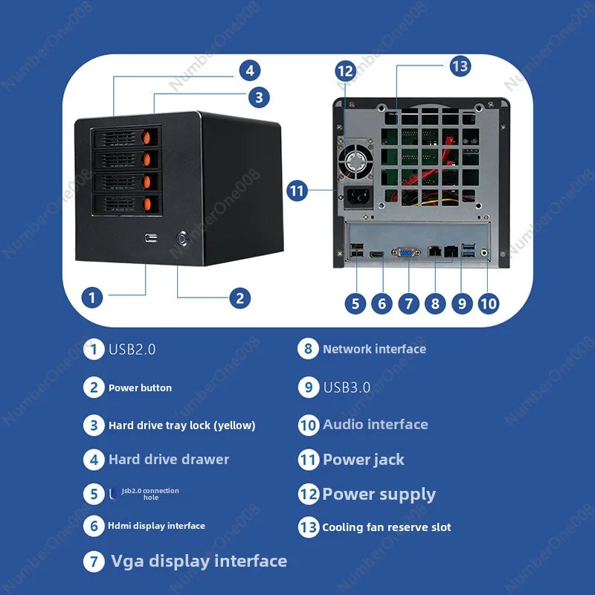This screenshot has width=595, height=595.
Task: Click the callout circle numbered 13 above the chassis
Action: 460,66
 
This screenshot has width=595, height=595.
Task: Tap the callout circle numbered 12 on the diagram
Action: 345,71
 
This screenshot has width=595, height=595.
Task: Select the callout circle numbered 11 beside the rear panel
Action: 297,190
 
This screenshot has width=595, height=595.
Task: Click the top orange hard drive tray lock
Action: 147,137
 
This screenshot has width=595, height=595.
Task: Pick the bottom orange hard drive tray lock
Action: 147,204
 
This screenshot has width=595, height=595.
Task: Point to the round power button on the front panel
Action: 182,239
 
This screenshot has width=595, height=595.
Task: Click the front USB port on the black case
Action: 152,238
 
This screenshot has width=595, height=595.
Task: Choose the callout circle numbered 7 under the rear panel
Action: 408,303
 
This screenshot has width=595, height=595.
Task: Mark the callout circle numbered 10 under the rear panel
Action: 488,303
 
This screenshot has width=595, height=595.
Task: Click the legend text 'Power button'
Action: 140,387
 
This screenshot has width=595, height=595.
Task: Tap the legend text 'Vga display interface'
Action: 199,561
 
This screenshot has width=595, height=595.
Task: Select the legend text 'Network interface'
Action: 374,349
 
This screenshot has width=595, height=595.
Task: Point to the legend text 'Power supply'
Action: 379,494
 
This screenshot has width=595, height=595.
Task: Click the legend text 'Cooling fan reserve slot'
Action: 386,527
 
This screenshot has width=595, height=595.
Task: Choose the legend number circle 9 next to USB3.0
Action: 308,387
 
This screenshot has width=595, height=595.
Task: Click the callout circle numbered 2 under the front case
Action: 239,298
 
